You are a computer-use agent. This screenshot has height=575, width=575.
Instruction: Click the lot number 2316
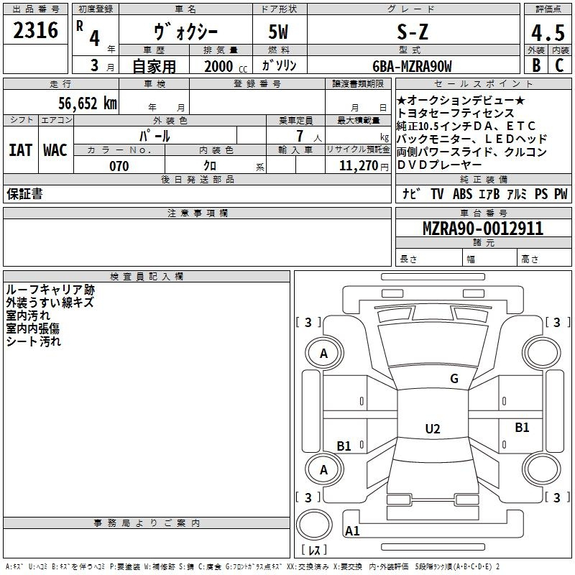click(x=35, y=30)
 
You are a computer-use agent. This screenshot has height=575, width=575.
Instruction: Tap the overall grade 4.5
click(x=548, y=32)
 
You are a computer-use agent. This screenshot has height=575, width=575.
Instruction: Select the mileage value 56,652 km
click(x=88, y=103)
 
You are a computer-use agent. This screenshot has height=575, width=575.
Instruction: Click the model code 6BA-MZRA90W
click(x=412, y=66)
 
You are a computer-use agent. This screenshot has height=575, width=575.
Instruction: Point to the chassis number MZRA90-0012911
click(x=483, y=229)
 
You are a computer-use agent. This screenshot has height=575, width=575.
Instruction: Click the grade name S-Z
click(x=413, y=32)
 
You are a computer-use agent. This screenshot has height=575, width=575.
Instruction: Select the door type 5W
click(x=278, y=32)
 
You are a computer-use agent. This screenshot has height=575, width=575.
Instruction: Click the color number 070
click(x=119, y=166)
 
